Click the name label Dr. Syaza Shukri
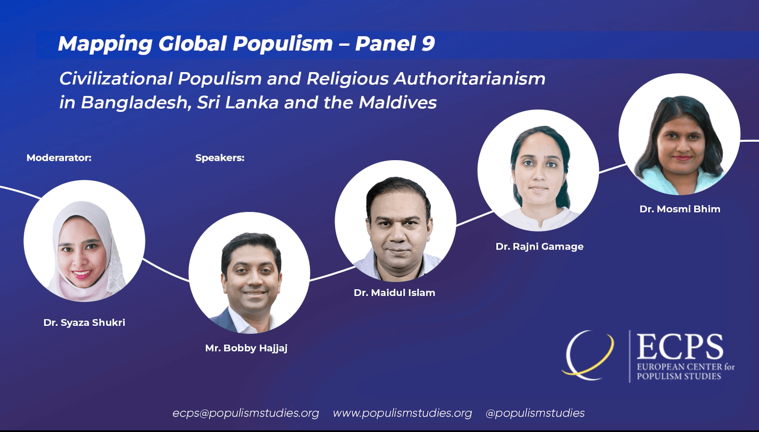coord(84,323)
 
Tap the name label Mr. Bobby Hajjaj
coord(246,348)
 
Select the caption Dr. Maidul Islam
coord(394,293)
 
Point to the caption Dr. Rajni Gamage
coord(539,247)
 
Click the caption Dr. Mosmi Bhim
coord(680,209)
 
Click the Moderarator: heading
coord(59,158)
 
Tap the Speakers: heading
coord(220,158)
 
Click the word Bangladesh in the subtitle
coord(136,103)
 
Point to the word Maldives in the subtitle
coord(397,103)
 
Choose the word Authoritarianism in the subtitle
coord(469,79)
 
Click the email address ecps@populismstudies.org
coord(246,413)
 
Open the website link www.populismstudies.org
coord(402,413)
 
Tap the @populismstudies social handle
coord(535,413)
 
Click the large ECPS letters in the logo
coord(680,347)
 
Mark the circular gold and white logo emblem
coord(588,355)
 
